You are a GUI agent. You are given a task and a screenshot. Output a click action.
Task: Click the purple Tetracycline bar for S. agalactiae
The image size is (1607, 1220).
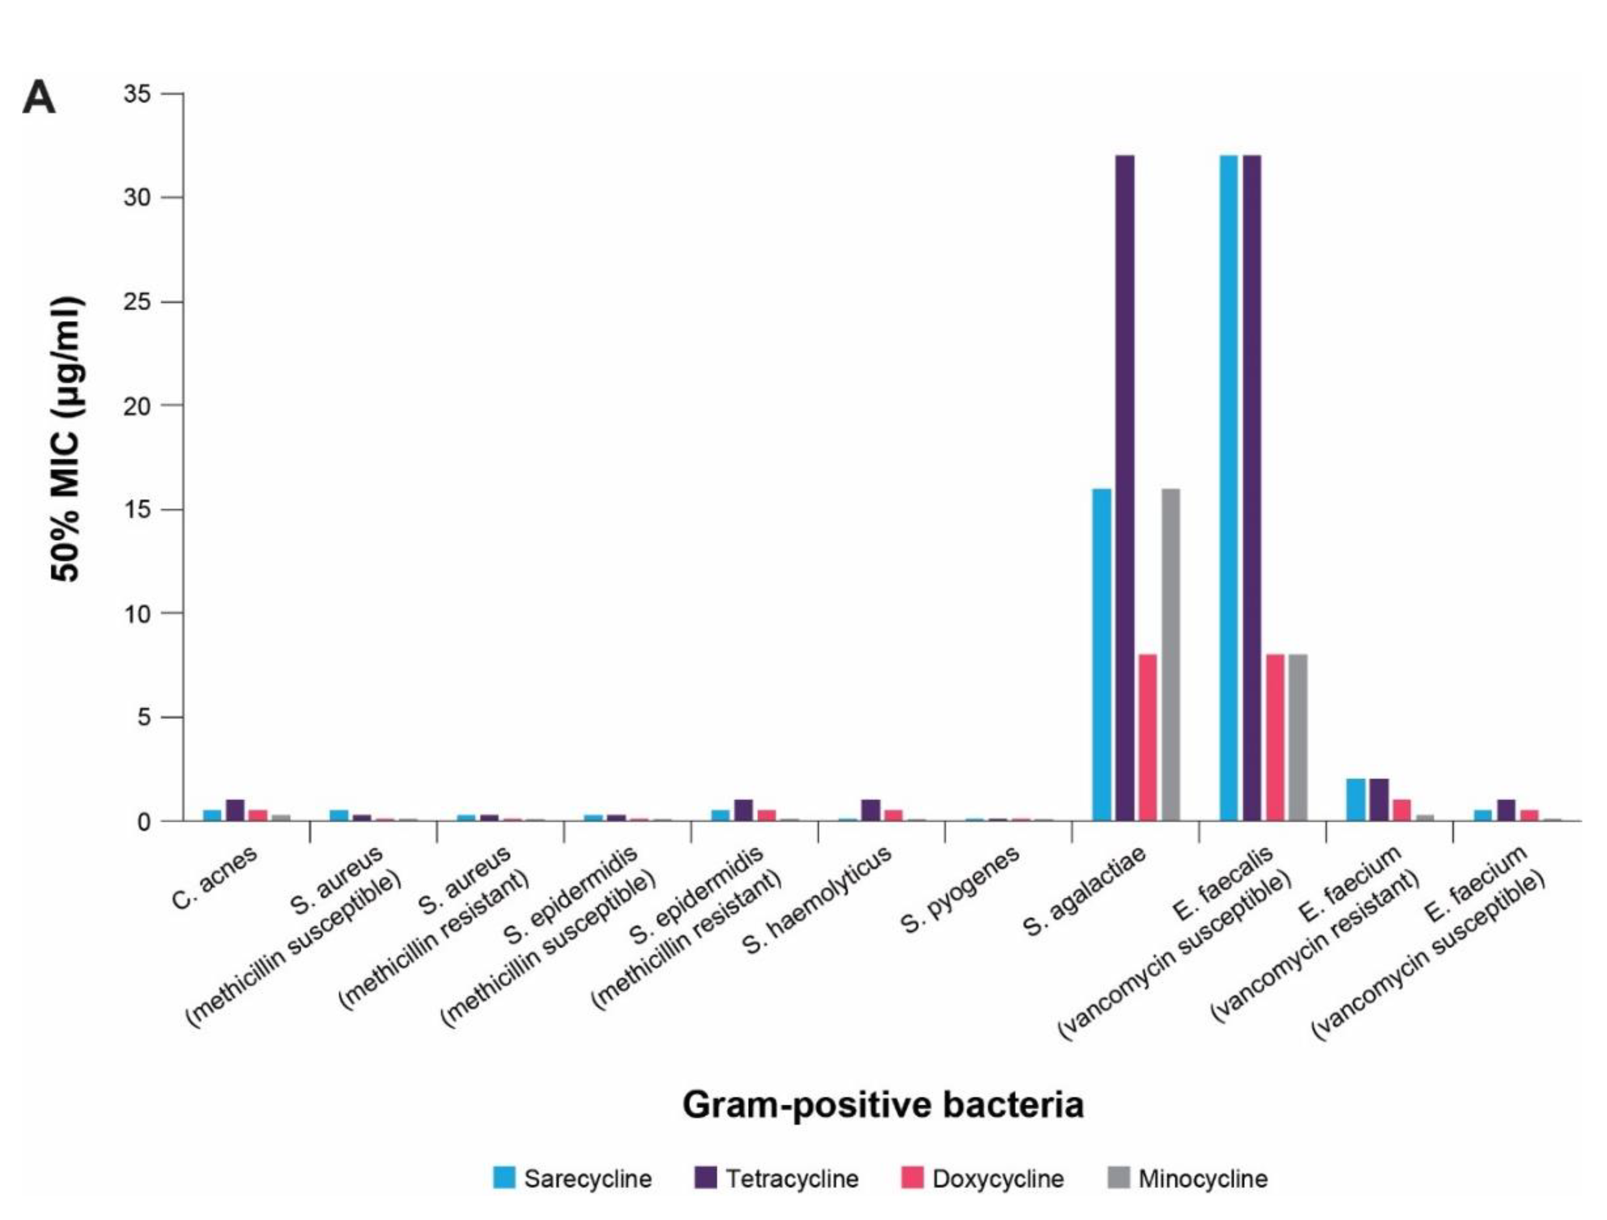[x=1125, y=487]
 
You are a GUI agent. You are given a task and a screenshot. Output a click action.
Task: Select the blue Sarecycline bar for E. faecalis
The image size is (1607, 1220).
[x=1228, y=487]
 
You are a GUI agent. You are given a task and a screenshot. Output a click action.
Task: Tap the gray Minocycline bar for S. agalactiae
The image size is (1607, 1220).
[x=1170, y=654]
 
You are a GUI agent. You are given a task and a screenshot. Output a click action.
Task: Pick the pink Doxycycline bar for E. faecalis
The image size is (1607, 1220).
[x=1275, y=737]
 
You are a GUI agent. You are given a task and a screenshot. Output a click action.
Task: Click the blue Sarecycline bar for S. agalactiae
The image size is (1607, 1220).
[x=1101, y=654]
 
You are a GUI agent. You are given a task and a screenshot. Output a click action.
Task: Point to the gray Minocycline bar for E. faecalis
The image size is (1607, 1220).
[x=1297, y=737]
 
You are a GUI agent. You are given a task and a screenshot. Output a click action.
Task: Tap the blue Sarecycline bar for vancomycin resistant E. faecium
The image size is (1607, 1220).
[x=1355, y=799]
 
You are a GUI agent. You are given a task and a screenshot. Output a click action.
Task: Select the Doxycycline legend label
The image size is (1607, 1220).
[x=998, y=1178]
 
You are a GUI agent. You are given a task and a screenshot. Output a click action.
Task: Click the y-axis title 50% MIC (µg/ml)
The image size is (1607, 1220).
[x=66, y=439]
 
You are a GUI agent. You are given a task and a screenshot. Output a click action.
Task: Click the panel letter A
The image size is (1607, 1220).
[x=39, y=98]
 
